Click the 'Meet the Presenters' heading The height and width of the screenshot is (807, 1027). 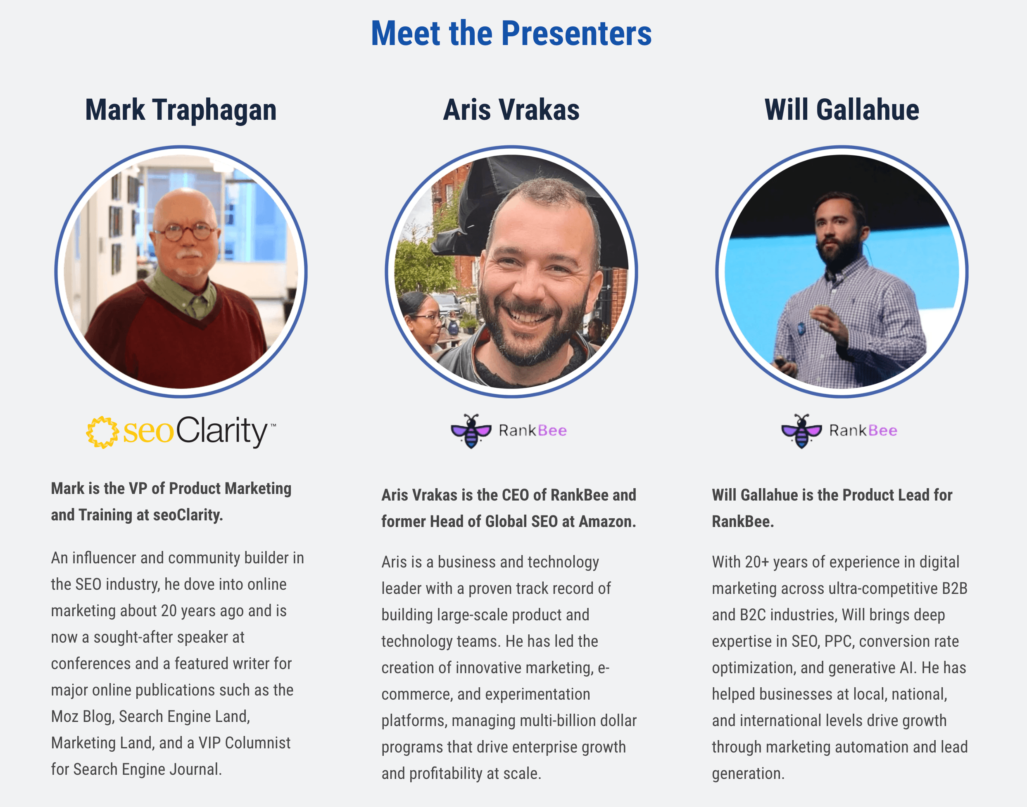pyautogui.click(x=511, y=33)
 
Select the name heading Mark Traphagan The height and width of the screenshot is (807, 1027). pyautogui.click(x=181, y=110)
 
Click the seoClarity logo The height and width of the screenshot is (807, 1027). pyautogui.click(x=181, y=431)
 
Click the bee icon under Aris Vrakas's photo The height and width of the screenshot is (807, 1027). pyautogui.click(x=471, y=431)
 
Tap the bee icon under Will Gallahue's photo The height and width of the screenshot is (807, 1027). pyautogui.click(x=801, y=431)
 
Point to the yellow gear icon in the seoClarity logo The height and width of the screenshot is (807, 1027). pyautogui.click(x=102, y=432)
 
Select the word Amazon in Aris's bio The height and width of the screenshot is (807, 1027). pyautogui.click(x=607, y=521)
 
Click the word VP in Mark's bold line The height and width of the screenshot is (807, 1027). pyautogui.click(x=138, y=488)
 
